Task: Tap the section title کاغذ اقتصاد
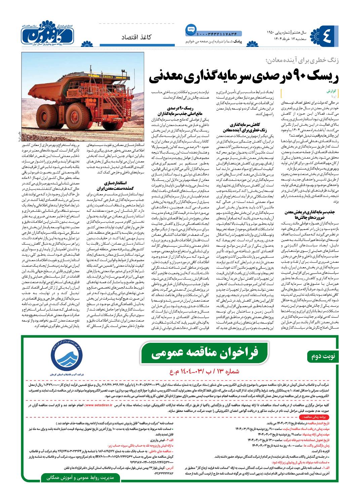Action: coord(136,37)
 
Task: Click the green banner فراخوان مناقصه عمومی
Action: coord(205,353)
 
